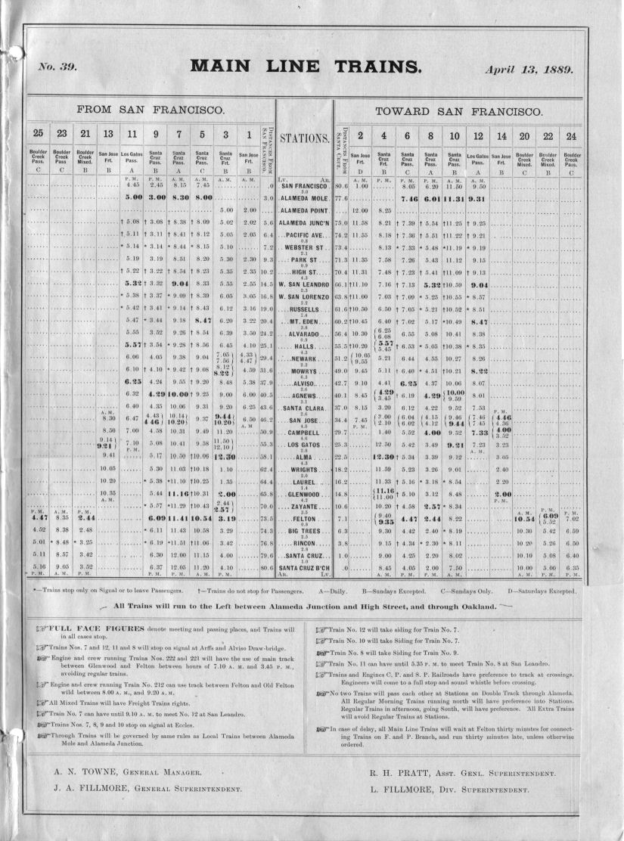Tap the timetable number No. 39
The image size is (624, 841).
[x=57, y=67]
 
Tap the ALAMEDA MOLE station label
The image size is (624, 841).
[x=305, y=198]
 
